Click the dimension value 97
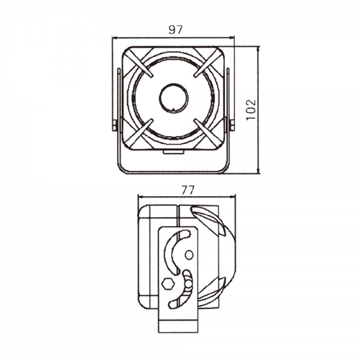click(x=176, y=30)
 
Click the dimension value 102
click(x=251, y=109)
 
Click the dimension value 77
click(x=188, y=190)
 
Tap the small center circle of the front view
click(x=174, y=98)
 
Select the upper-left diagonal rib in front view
click(x=139, y=62)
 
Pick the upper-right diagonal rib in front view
click(x=207, y=62)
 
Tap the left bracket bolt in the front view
click(x=115, y=125)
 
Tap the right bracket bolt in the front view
click(x=232, y=125)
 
